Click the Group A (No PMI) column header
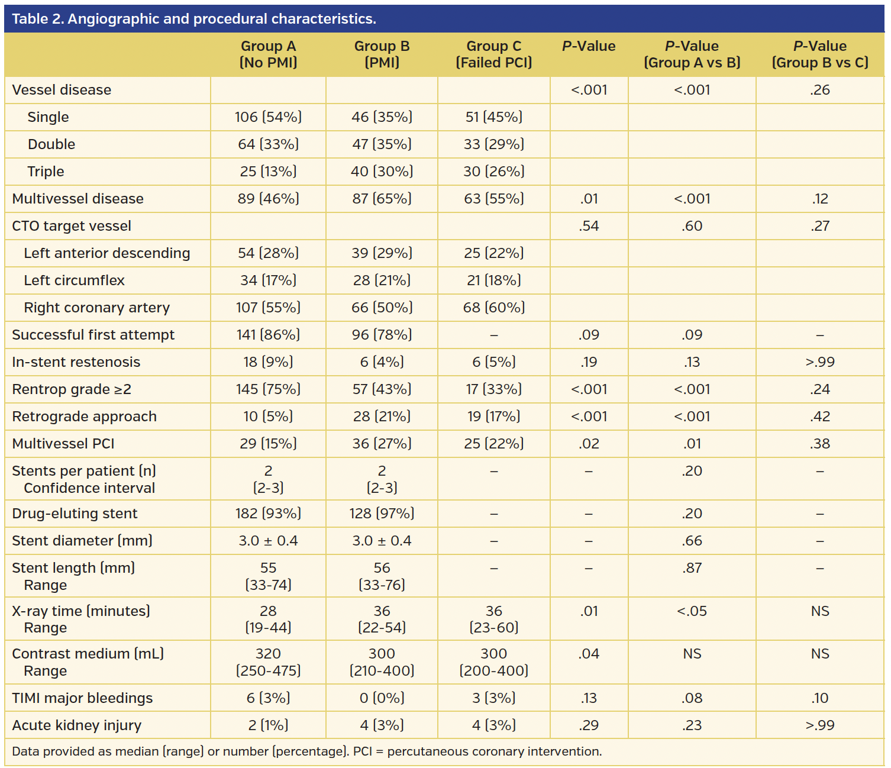268,54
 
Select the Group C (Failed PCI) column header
494,54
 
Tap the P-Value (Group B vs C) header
820,54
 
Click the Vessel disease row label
62,90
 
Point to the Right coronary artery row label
96,308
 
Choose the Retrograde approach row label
84,417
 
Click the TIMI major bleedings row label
82,698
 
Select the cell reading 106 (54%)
268,117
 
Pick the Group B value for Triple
382,172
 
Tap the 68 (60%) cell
494,308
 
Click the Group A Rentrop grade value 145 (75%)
268,389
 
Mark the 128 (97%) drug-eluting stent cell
382,514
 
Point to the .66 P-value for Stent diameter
692,541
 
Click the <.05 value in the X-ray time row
692,611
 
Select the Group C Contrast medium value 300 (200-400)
494,662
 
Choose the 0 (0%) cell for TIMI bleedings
382,698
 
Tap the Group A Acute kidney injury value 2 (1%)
268,725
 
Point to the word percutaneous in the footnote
424,751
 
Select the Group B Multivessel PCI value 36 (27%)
382,444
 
